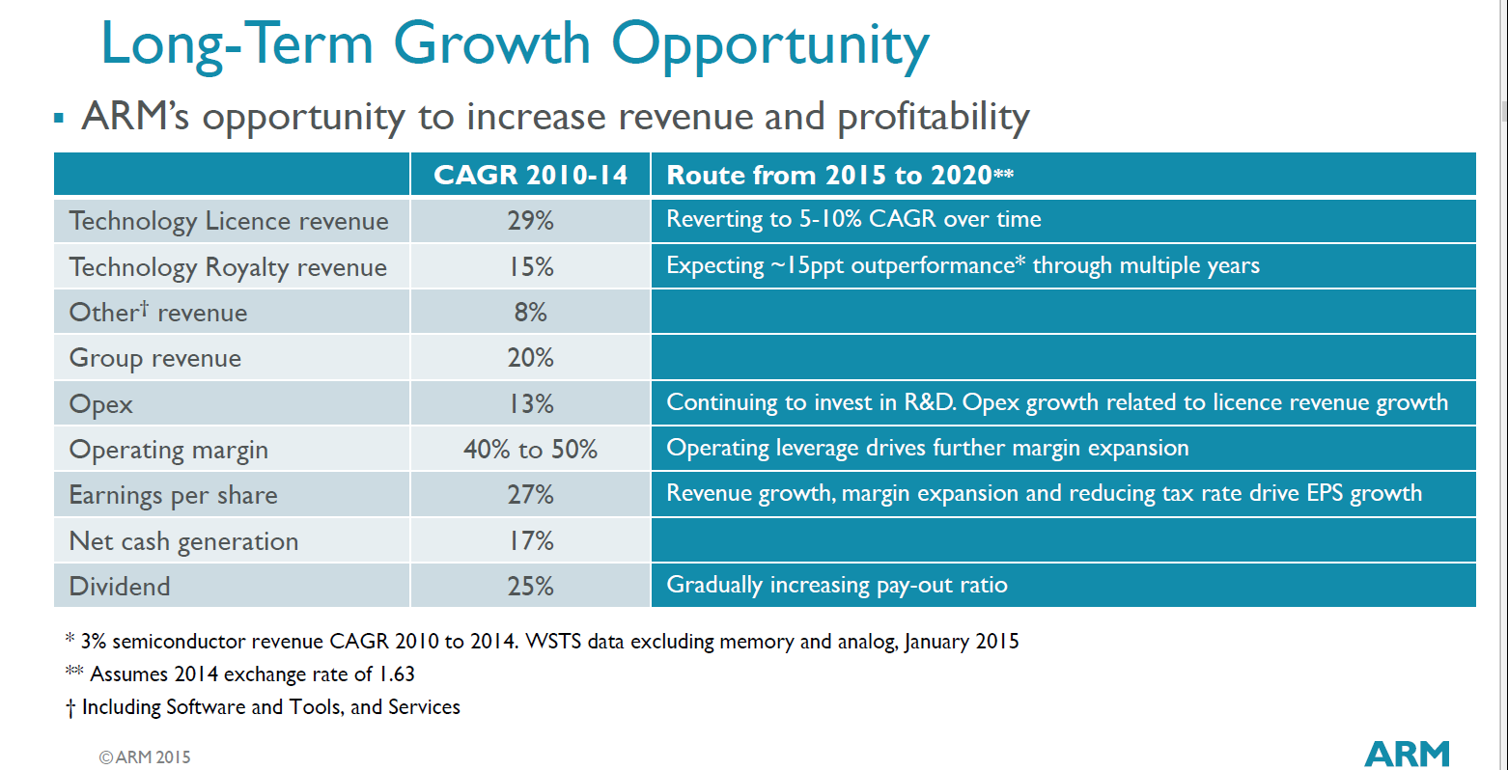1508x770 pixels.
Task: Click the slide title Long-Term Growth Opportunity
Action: [515, 44]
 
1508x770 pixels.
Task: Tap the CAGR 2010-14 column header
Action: [530, 175]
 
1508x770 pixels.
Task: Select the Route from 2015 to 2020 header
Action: [839, 175]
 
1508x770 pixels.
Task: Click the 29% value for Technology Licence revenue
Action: [530, 220]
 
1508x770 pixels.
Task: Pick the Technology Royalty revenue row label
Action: [228, 267]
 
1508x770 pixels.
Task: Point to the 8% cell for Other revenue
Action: [530, 312]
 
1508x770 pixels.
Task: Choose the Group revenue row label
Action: [155, 358]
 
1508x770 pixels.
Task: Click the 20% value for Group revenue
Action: [530, 358]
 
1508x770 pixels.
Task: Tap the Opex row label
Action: [101, 404]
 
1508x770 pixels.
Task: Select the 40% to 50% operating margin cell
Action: [530, 450]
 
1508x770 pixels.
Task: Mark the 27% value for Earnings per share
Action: [530, 495]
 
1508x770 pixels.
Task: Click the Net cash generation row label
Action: [183, 541]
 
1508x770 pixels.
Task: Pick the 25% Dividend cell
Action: [530, 586]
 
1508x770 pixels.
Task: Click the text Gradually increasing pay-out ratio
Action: [836, 585]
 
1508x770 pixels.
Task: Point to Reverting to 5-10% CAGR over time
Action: [853, 219]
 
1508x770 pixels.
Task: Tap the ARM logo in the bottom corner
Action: [1407, 754]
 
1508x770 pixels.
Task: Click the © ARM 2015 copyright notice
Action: [145, 757]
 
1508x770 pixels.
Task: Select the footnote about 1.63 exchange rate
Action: [240, 674]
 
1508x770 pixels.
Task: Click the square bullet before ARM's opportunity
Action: [59, 119]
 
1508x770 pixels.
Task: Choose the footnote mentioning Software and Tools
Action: [264, 707]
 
